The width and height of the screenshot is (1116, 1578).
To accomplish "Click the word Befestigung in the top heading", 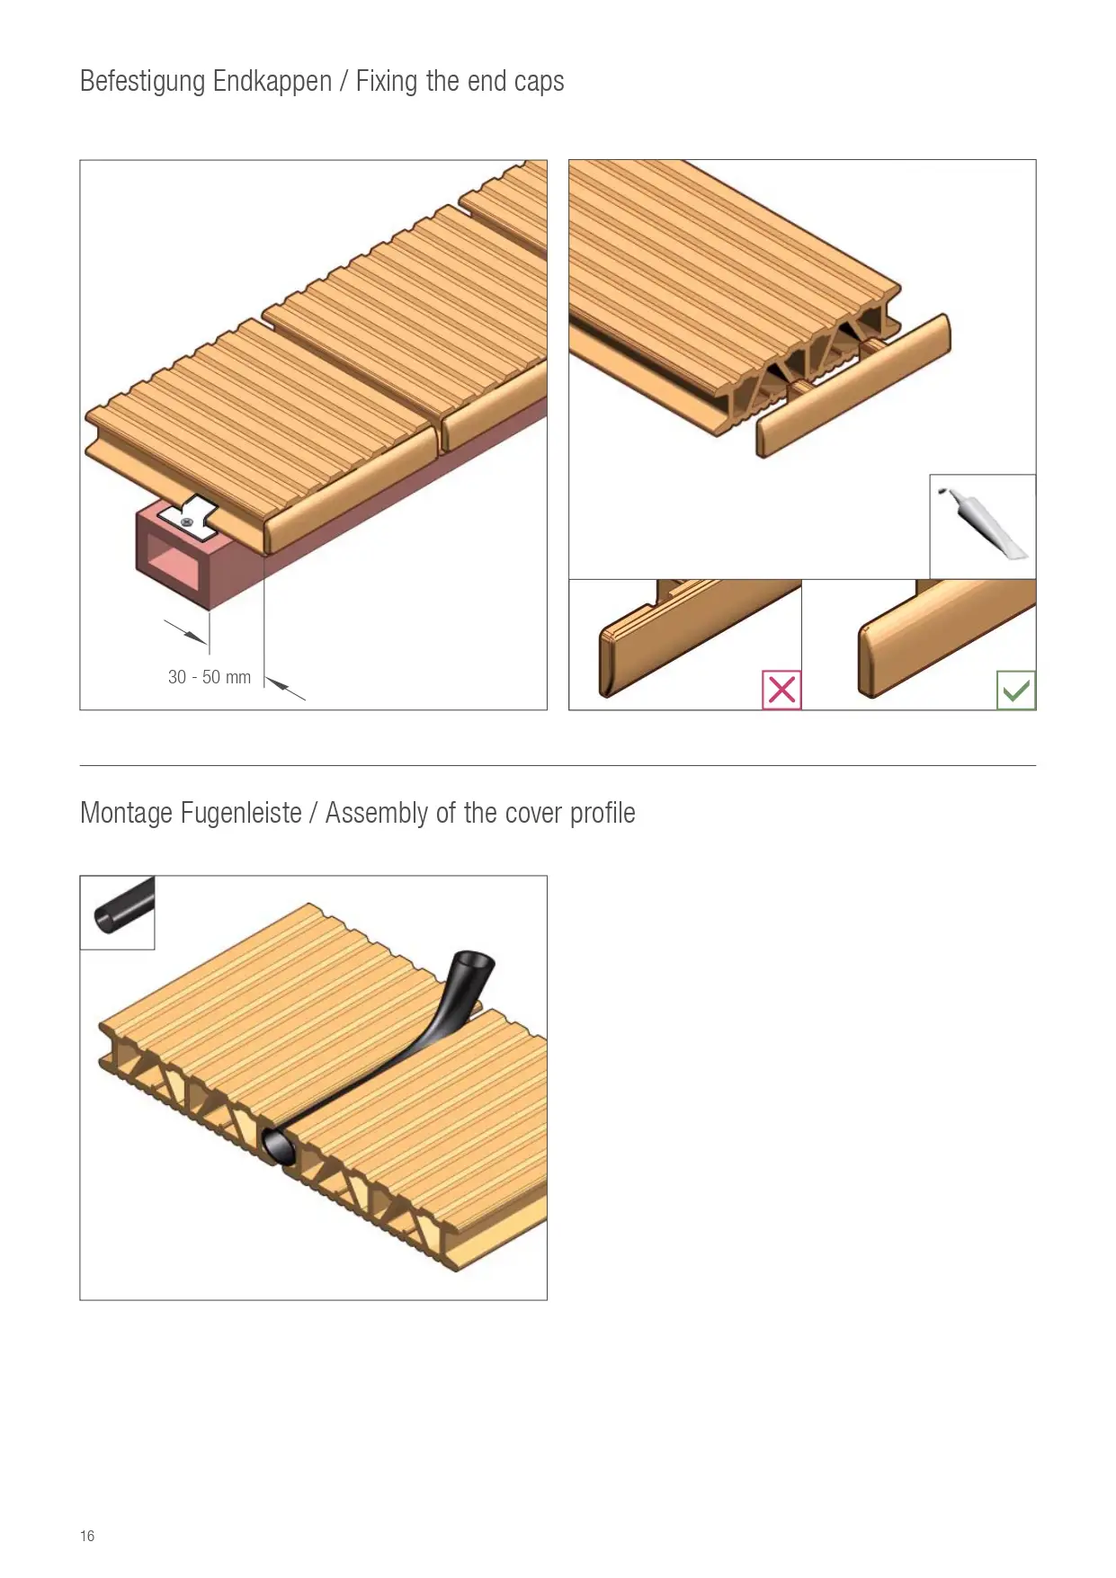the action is (x=143, y=82).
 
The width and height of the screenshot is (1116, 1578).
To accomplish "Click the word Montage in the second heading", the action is (x=126, y=814).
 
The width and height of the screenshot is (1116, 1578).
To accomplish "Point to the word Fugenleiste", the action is (x=241, y=813).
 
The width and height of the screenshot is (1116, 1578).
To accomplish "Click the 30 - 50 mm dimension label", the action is (x=210, y=677).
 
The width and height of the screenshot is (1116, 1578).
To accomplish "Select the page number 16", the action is (x=87, y=1536).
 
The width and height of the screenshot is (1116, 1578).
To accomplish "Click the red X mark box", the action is (x=781, y=690).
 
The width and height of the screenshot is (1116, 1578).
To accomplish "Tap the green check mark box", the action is (x=1016, y=691).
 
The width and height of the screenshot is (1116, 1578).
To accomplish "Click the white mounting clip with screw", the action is (x=190, y=518).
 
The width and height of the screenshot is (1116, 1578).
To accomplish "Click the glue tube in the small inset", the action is (x=984, y=523).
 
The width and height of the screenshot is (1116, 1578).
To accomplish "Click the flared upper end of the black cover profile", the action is (x=472, y=967).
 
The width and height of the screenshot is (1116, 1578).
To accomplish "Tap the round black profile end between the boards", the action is (x=280, y=1145).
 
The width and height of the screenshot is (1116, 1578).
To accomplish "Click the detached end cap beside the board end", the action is (x=853, y=385).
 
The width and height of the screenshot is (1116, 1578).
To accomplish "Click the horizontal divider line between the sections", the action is (x=558, y=766).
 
